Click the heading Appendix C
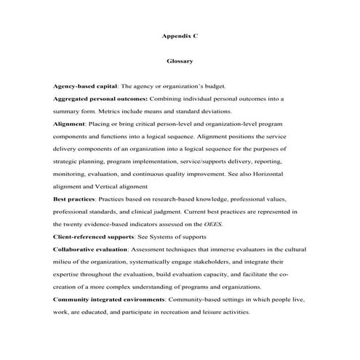(x=180, y=33)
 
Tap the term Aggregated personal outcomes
(x=100, y=98)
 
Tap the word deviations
(x=212, y=111)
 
